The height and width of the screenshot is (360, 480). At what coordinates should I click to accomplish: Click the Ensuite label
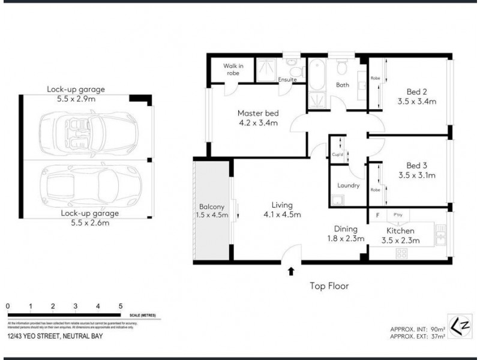tap(287, 79)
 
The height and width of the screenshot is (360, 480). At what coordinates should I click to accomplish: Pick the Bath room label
tap(343, 85)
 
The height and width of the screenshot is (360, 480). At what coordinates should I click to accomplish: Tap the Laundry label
tap(348, 185)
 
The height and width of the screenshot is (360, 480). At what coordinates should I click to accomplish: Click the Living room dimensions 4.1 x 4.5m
tap(282, 214)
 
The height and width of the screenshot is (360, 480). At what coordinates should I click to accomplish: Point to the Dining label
tap(346, 229)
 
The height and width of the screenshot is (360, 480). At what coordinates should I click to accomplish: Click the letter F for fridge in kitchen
tap(377, 214)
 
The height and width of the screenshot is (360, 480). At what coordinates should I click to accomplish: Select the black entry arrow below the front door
tap(291, 271)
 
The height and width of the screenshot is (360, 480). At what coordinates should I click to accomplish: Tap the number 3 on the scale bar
tap(76, 306)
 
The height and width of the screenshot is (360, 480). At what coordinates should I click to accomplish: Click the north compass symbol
tap(458, 323)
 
